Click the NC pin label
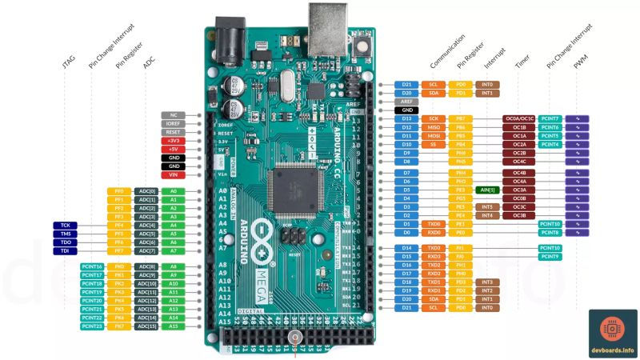click(x=174, y=115)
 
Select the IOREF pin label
click(x=174, y=124)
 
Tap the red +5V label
click(x=174, y=149)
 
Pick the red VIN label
click(x=174, y=174)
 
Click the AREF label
click(x=406, y=102)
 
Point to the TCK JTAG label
click(x=65, y=225)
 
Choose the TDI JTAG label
click(x=65, y=250)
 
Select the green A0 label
click(x=173, y=191)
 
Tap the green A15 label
click(x=173, y=326)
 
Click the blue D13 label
click(x=406, y=118)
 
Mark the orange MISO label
click(x=434, y=127)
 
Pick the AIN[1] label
click(x=486, y=190)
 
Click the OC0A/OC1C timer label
click(x=518, y=118)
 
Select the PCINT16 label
click(x=92, y=266)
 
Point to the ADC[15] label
click(x=146, y=326)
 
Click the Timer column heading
click(x=521, y=62)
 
